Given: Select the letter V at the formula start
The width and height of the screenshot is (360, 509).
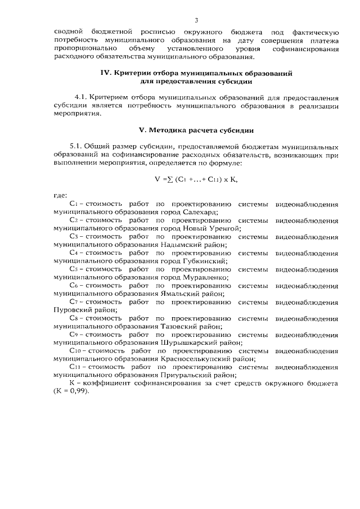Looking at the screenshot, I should tap(157, 180).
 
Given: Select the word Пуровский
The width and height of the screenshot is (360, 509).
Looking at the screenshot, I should tap(71, 310).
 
